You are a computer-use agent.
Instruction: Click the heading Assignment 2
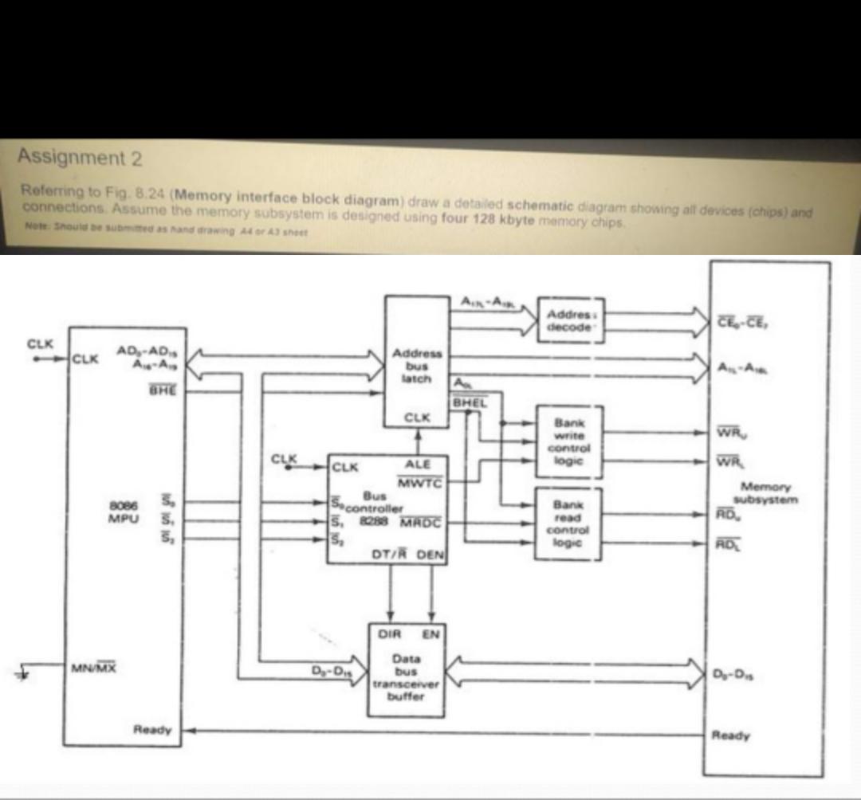81,158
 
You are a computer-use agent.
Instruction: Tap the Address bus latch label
415,366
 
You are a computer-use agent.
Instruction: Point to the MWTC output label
423,480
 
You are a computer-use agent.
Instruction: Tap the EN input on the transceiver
430,634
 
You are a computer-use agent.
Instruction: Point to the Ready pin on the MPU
153,728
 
